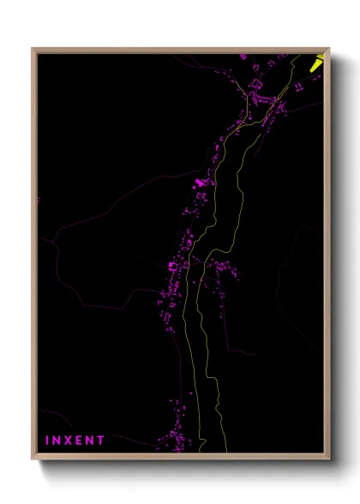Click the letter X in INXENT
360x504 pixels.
tap(69, 440)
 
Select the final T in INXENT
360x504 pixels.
tap(101, 440)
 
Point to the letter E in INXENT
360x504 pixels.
tap(80, 440)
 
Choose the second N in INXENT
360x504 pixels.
tap(91, 440)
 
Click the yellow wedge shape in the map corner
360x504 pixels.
tap(317, 62)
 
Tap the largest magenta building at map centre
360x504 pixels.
tap(202, 182)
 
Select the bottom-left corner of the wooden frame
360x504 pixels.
tap(33, 458)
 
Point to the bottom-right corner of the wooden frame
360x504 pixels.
tap(328, 458)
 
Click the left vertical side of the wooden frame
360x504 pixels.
tap(34, 257)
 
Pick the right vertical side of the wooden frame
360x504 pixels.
tap(327, 257)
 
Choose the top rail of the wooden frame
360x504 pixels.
tap(180, 51)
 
